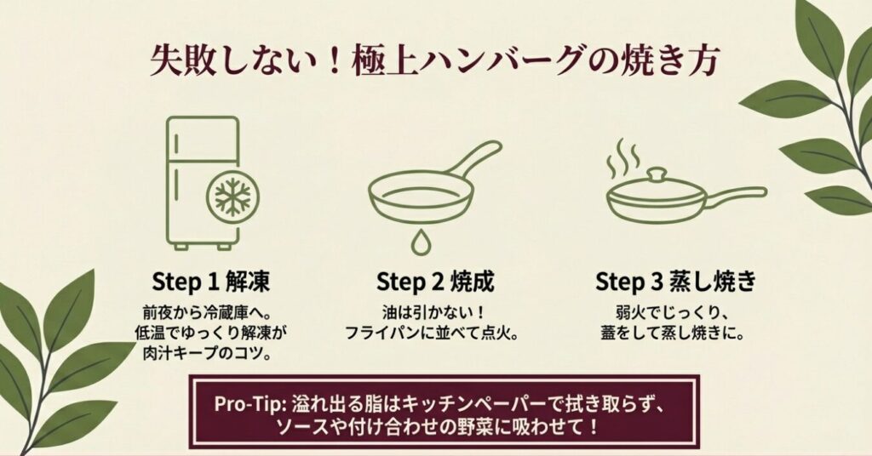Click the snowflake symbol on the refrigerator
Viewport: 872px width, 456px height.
[233, 197]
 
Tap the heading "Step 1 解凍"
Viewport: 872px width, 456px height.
[211, 282]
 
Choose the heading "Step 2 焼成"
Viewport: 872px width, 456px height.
[435, 282]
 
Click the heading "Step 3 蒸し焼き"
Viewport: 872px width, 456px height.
[675, 282]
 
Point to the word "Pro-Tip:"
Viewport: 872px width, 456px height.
[250, 404]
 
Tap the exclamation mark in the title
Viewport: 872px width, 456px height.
[334, 61]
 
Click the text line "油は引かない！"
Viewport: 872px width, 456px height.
[434, 312]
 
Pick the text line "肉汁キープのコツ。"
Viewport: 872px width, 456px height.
[210, 353]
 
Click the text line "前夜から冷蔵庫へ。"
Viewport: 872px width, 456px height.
[210, 312]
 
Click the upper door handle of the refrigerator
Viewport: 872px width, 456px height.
[176, 143]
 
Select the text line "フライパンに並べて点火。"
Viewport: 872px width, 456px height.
[433, 333]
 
